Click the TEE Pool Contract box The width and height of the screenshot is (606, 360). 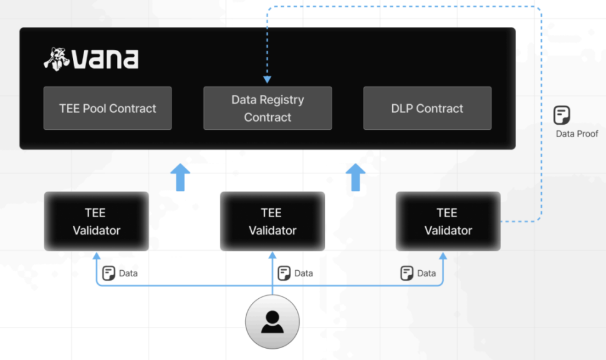click(x=107, y=108)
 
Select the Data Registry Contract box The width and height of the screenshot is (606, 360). click(x=267, y=108)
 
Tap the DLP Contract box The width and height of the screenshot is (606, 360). click(x=427, y=108)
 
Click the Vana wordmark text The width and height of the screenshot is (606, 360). click(x=105, y=59)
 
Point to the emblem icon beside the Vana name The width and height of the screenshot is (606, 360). click(x=57, y=58)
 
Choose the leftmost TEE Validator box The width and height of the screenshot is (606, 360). click(x=96, y=221)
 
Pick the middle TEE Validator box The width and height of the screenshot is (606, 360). click(x=272, y=221)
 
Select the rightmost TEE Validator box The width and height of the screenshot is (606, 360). click(x=448, y=221)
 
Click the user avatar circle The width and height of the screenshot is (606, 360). click(x=272, y=321)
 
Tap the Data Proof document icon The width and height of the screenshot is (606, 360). click(x=562, y=115)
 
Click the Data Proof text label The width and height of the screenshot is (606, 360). click(x=577, y=134)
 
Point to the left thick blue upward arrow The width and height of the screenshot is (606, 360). click(x=181, y=177)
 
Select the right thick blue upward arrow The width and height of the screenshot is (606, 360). click(x=356, y=177)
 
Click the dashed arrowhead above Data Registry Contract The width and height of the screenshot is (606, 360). click(x=267, y=80)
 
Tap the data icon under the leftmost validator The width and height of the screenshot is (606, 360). click(x=109, y=273)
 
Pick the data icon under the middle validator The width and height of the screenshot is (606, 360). click(x=284, y=273)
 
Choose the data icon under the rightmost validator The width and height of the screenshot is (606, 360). click(x=407, y=273)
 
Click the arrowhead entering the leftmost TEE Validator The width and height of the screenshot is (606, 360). click(x=97, y=255)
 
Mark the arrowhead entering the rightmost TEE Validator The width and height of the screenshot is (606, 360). click(x=443, y=255)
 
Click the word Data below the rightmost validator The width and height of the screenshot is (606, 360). click(x=426, y=273)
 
